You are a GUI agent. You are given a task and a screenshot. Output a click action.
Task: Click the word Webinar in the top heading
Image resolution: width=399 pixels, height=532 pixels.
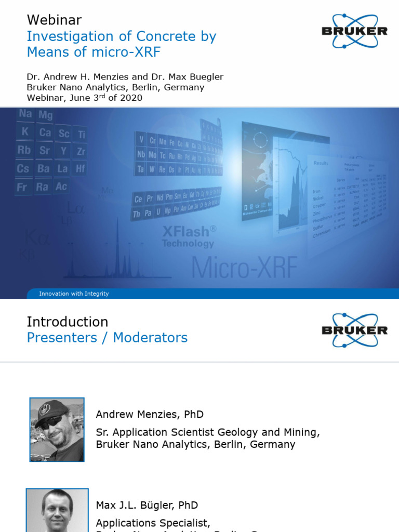pos(54,20)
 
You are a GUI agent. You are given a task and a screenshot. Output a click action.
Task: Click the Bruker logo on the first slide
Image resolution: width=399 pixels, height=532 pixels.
pos(354,31)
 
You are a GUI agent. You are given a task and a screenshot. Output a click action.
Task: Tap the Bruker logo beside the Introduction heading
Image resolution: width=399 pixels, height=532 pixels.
pos(354,330)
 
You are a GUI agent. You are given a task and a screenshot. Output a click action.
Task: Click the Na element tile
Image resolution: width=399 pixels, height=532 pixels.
pos(25,114)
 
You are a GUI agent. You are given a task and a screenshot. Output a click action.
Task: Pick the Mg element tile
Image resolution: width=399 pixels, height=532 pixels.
pos(45,115)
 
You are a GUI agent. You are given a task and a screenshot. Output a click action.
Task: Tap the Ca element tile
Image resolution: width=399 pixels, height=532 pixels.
pos(45,132)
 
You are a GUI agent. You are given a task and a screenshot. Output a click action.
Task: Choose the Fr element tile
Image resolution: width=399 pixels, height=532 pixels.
pos(22,187)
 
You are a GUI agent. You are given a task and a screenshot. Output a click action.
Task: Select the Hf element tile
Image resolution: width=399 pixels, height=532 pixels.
pos(80,168)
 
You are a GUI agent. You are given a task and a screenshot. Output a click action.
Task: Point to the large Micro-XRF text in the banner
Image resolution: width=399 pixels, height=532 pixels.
pos(244,267)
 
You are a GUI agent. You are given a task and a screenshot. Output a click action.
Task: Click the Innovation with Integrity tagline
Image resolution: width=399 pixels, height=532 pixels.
pos(74,294)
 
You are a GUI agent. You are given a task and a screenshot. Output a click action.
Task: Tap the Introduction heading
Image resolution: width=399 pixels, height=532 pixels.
pos(68,322)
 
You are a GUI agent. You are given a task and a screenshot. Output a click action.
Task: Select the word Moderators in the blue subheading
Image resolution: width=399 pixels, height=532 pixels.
pos(150,338)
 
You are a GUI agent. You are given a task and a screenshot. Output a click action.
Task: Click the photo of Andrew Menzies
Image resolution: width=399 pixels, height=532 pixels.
pos(57,430)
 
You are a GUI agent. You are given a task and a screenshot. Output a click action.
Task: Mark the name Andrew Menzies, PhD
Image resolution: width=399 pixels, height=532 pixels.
pos(150,415)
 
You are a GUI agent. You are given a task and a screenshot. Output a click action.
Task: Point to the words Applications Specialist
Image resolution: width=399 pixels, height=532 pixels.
pos(153,523)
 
